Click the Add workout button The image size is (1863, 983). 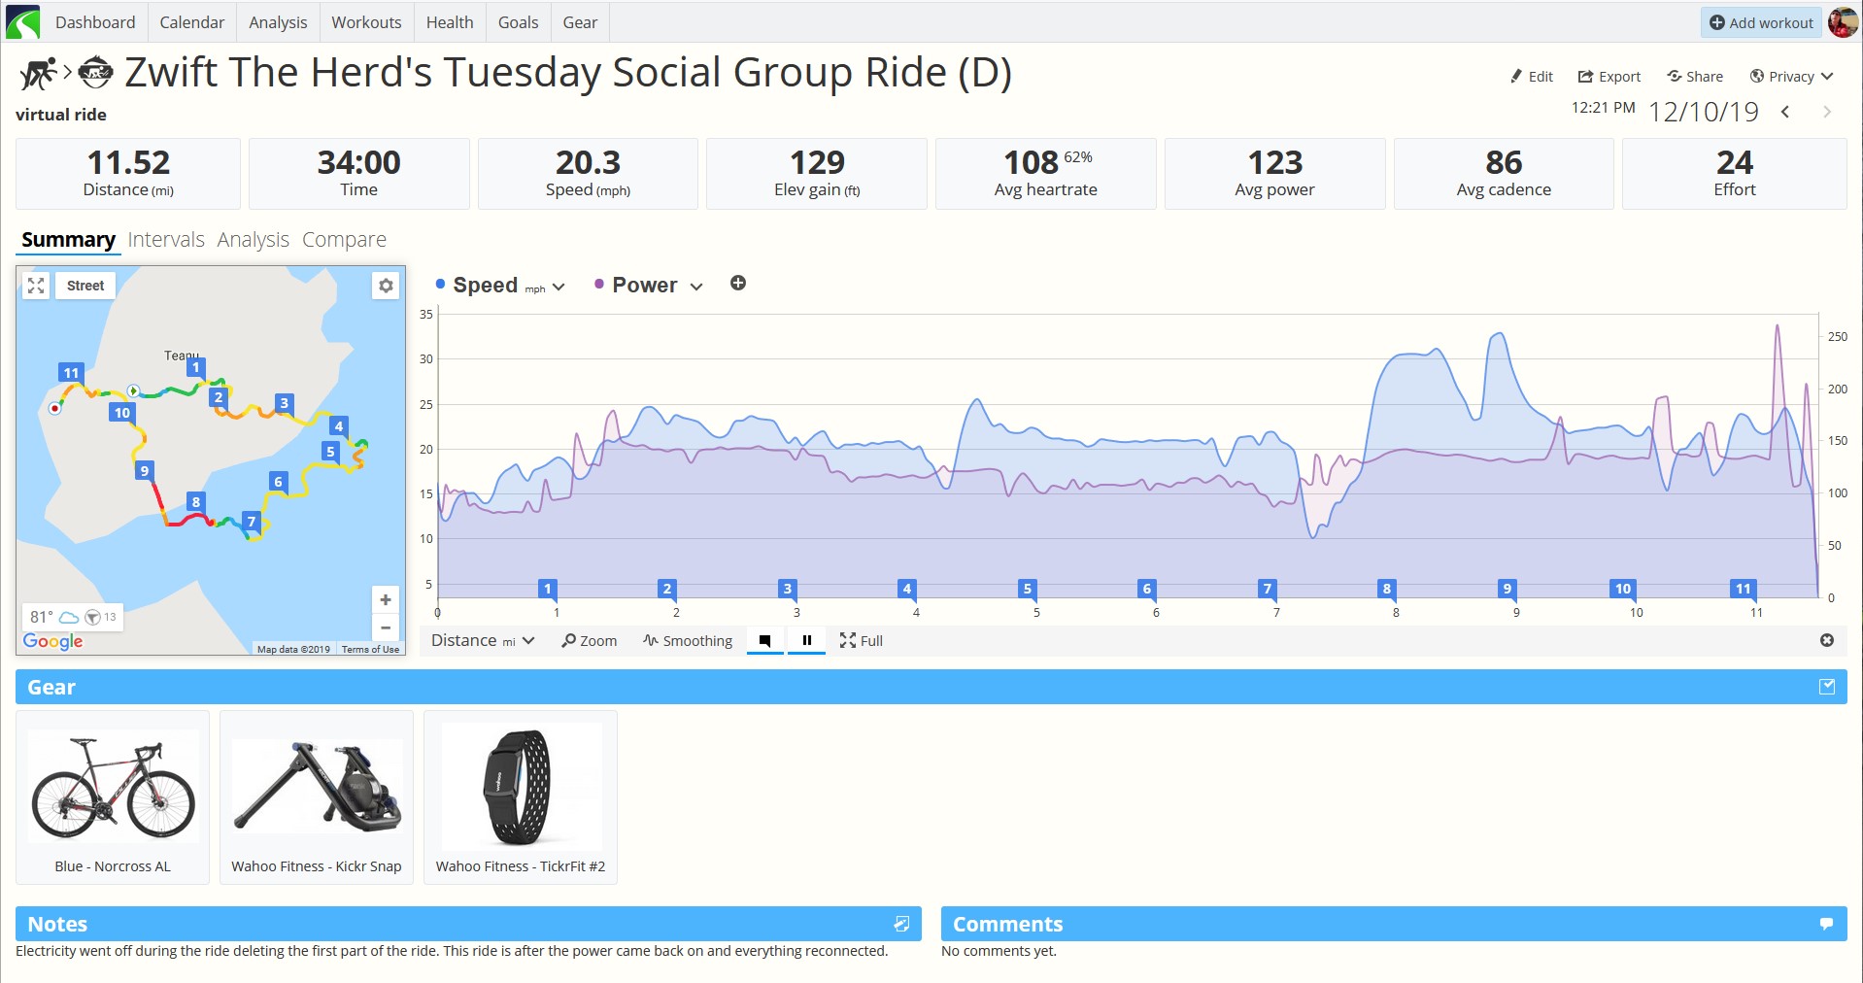coord(1761,22)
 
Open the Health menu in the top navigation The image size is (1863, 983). coord(450,22)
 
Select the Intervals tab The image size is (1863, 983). coord(166,239)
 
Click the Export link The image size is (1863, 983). coord(1609,77)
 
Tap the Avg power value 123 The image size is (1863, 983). coord(1274,162)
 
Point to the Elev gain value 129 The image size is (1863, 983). coord(817,162)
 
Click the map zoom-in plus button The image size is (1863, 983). coord(386,599)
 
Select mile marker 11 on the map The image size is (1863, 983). coord(71,373)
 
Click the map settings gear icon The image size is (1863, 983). coord(386,286)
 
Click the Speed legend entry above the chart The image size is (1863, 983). coord(499,285)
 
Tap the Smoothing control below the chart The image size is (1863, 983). coord(688,641)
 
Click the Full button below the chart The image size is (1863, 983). coord(862,641)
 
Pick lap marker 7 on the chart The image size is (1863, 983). coord(1267,589)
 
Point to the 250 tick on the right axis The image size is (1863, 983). coord(1837,337)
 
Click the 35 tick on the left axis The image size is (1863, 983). coord(426,315)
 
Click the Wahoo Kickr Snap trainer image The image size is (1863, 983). coord(317,786)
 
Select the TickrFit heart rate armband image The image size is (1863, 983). coord(518,788)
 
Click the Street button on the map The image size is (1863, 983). coord(85,286)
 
